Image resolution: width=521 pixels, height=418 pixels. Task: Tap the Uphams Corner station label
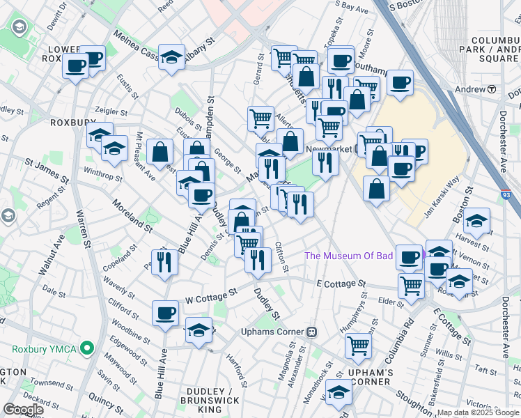[x=272, y=331]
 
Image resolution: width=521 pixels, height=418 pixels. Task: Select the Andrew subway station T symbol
[x=491, y=89]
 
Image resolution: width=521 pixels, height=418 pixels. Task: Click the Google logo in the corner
[x=23, y=410]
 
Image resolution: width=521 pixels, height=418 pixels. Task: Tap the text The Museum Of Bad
[x=348, y=256]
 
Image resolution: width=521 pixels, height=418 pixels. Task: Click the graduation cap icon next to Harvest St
[x=476, y=222]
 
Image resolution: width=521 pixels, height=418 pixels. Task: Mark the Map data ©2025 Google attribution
[x=477, y=412]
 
